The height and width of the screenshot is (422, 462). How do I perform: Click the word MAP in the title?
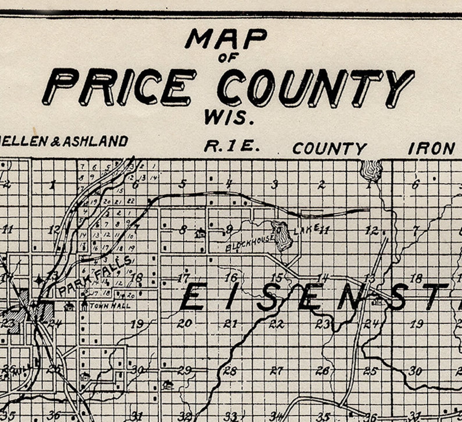tap(226, 39)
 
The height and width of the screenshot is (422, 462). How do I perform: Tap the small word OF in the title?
tap(228, 58)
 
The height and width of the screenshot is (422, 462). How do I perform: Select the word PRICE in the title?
tap(119, 87)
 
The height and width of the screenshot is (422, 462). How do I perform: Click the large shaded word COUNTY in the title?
tap(316, 87)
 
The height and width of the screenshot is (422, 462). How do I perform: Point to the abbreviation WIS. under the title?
tap(229, 118)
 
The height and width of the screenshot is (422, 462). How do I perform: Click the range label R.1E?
tap(232, 147)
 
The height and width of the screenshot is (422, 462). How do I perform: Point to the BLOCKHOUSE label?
tap(250, 243)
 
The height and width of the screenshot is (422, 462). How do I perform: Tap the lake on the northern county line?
tap(371, 170)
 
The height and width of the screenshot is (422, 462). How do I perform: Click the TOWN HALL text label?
tap(110, 306)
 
